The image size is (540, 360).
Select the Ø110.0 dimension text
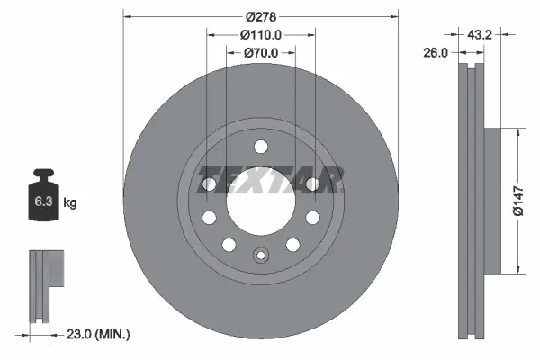click(x=261, y=35)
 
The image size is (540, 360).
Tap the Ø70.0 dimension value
click(x=261, y=53)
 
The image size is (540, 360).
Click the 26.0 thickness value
click(x=436, y=53)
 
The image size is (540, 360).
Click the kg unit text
click(x=70, y=203)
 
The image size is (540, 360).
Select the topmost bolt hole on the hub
click(x=261, y=148)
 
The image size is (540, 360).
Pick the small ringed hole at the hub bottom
click(x=261, y=255)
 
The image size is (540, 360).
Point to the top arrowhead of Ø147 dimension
click(x=517, y=132)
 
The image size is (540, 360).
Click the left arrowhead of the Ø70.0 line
click(x=229, y=53)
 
